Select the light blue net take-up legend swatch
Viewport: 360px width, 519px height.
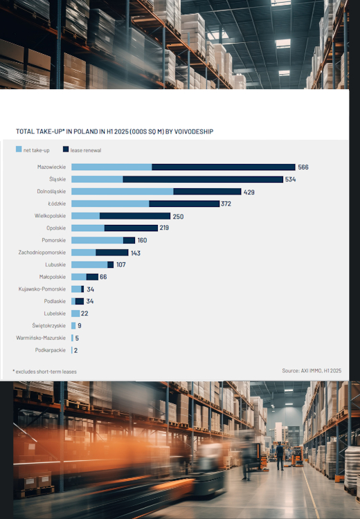pyautogui.click(x=19, y=149)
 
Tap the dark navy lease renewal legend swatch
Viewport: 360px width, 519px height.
pyautogui.click(x=66, y=149)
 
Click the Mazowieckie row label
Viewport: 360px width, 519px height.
pyautogui.click(x=51, y=167)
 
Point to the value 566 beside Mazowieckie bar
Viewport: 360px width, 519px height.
pyautogui.click(x=303, y=167)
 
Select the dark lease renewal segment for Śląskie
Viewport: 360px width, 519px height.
pyautogui.click(x=203, y=179)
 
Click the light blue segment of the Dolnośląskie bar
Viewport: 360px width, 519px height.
pyautogui.click(x=122, y=192)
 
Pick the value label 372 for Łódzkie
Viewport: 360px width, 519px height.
pyautogui.click(x=226, y=203)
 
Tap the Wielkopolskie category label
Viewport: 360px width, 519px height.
pyautogui.click(x=50, y=216)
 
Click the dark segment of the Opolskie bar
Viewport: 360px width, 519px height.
pyautogui.click(x=131, y=228)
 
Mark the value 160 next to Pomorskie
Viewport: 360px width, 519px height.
pyautogui.click(x=142, y=240)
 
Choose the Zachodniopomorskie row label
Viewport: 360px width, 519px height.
pyautogui.click(x=42, y=253)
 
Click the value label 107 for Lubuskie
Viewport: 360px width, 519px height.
pyautogui.click(x=121, y=264)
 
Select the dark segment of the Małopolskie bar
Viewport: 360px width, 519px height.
pyautogui.click(x=92, y=277)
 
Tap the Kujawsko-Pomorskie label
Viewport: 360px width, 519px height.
pyautogui.click(x=42, y=289)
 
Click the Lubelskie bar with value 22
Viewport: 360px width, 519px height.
pyautogui.click(x=75, y=313)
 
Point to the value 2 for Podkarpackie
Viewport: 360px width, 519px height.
pyautogui.click(x=75, y=350)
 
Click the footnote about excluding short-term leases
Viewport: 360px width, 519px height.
pyautogui.click(x=45, y=372)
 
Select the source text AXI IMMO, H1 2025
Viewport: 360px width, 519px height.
pyautogui.click(x=312, y=371)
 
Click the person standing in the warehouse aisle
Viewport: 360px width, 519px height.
pyautogui.click(x=280, y=455)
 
